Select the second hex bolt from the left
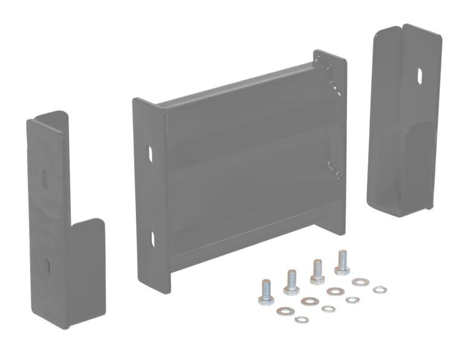pos(291,280)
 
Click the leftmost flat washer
pos(283,312)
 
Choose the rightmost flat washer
pos(360,282)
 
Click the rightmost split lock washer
pos(380,288)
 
